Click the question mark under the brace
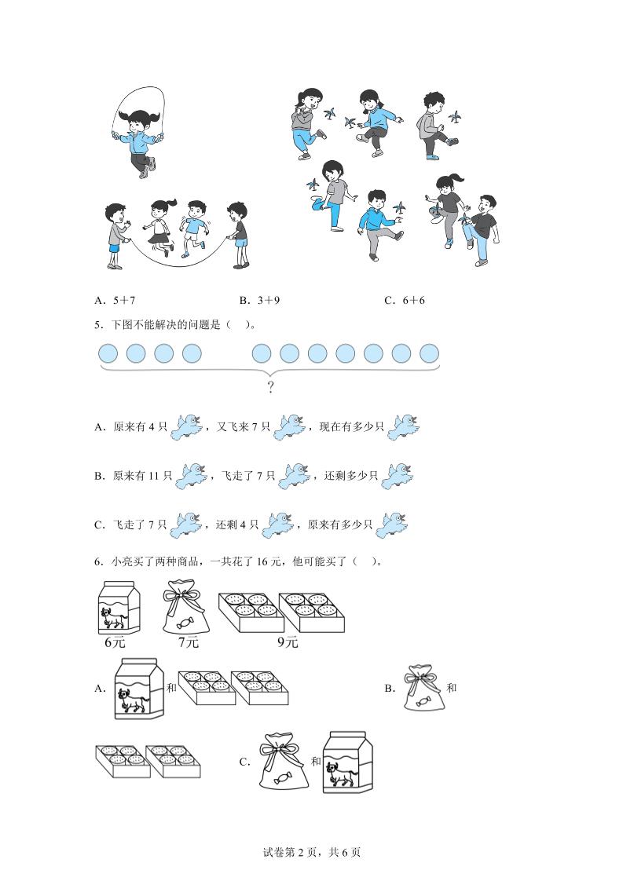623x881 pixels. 270,387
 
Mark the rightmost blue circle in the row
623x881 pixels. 429,353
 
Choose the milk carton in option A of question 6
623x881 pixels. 137,689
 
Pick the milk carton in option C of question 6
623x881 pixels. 347,760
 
